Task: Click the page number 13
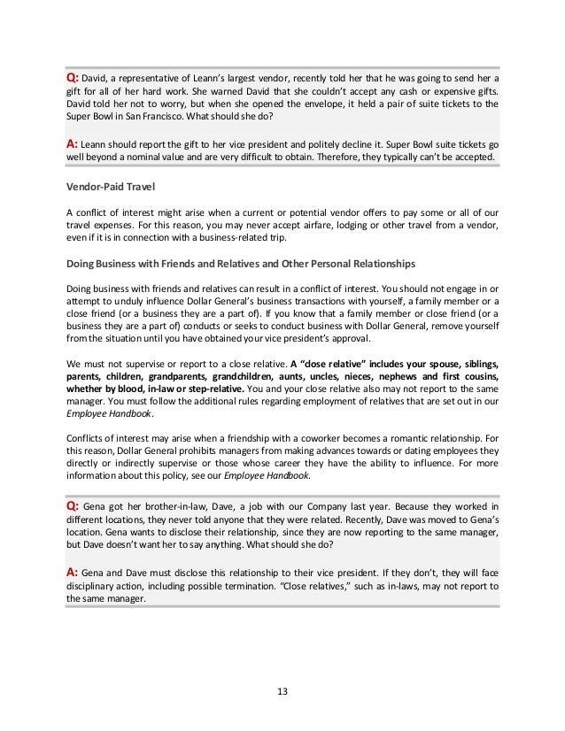click(282, 691)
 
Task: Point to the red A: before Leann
click(74, 142)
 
